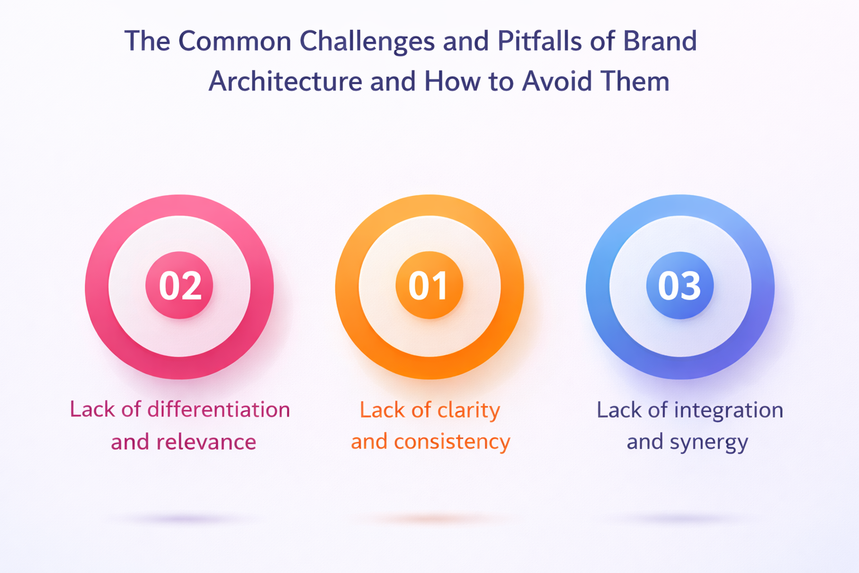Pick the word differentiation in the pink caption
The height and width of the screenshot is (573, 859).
(218, 409)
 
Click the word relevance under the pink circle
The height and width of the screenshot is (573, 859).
(206, 442)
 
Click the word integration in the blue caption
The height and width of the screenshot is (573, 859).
(729, 410)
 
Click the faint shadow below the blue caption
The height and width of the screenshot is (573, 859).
(679, 518)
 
